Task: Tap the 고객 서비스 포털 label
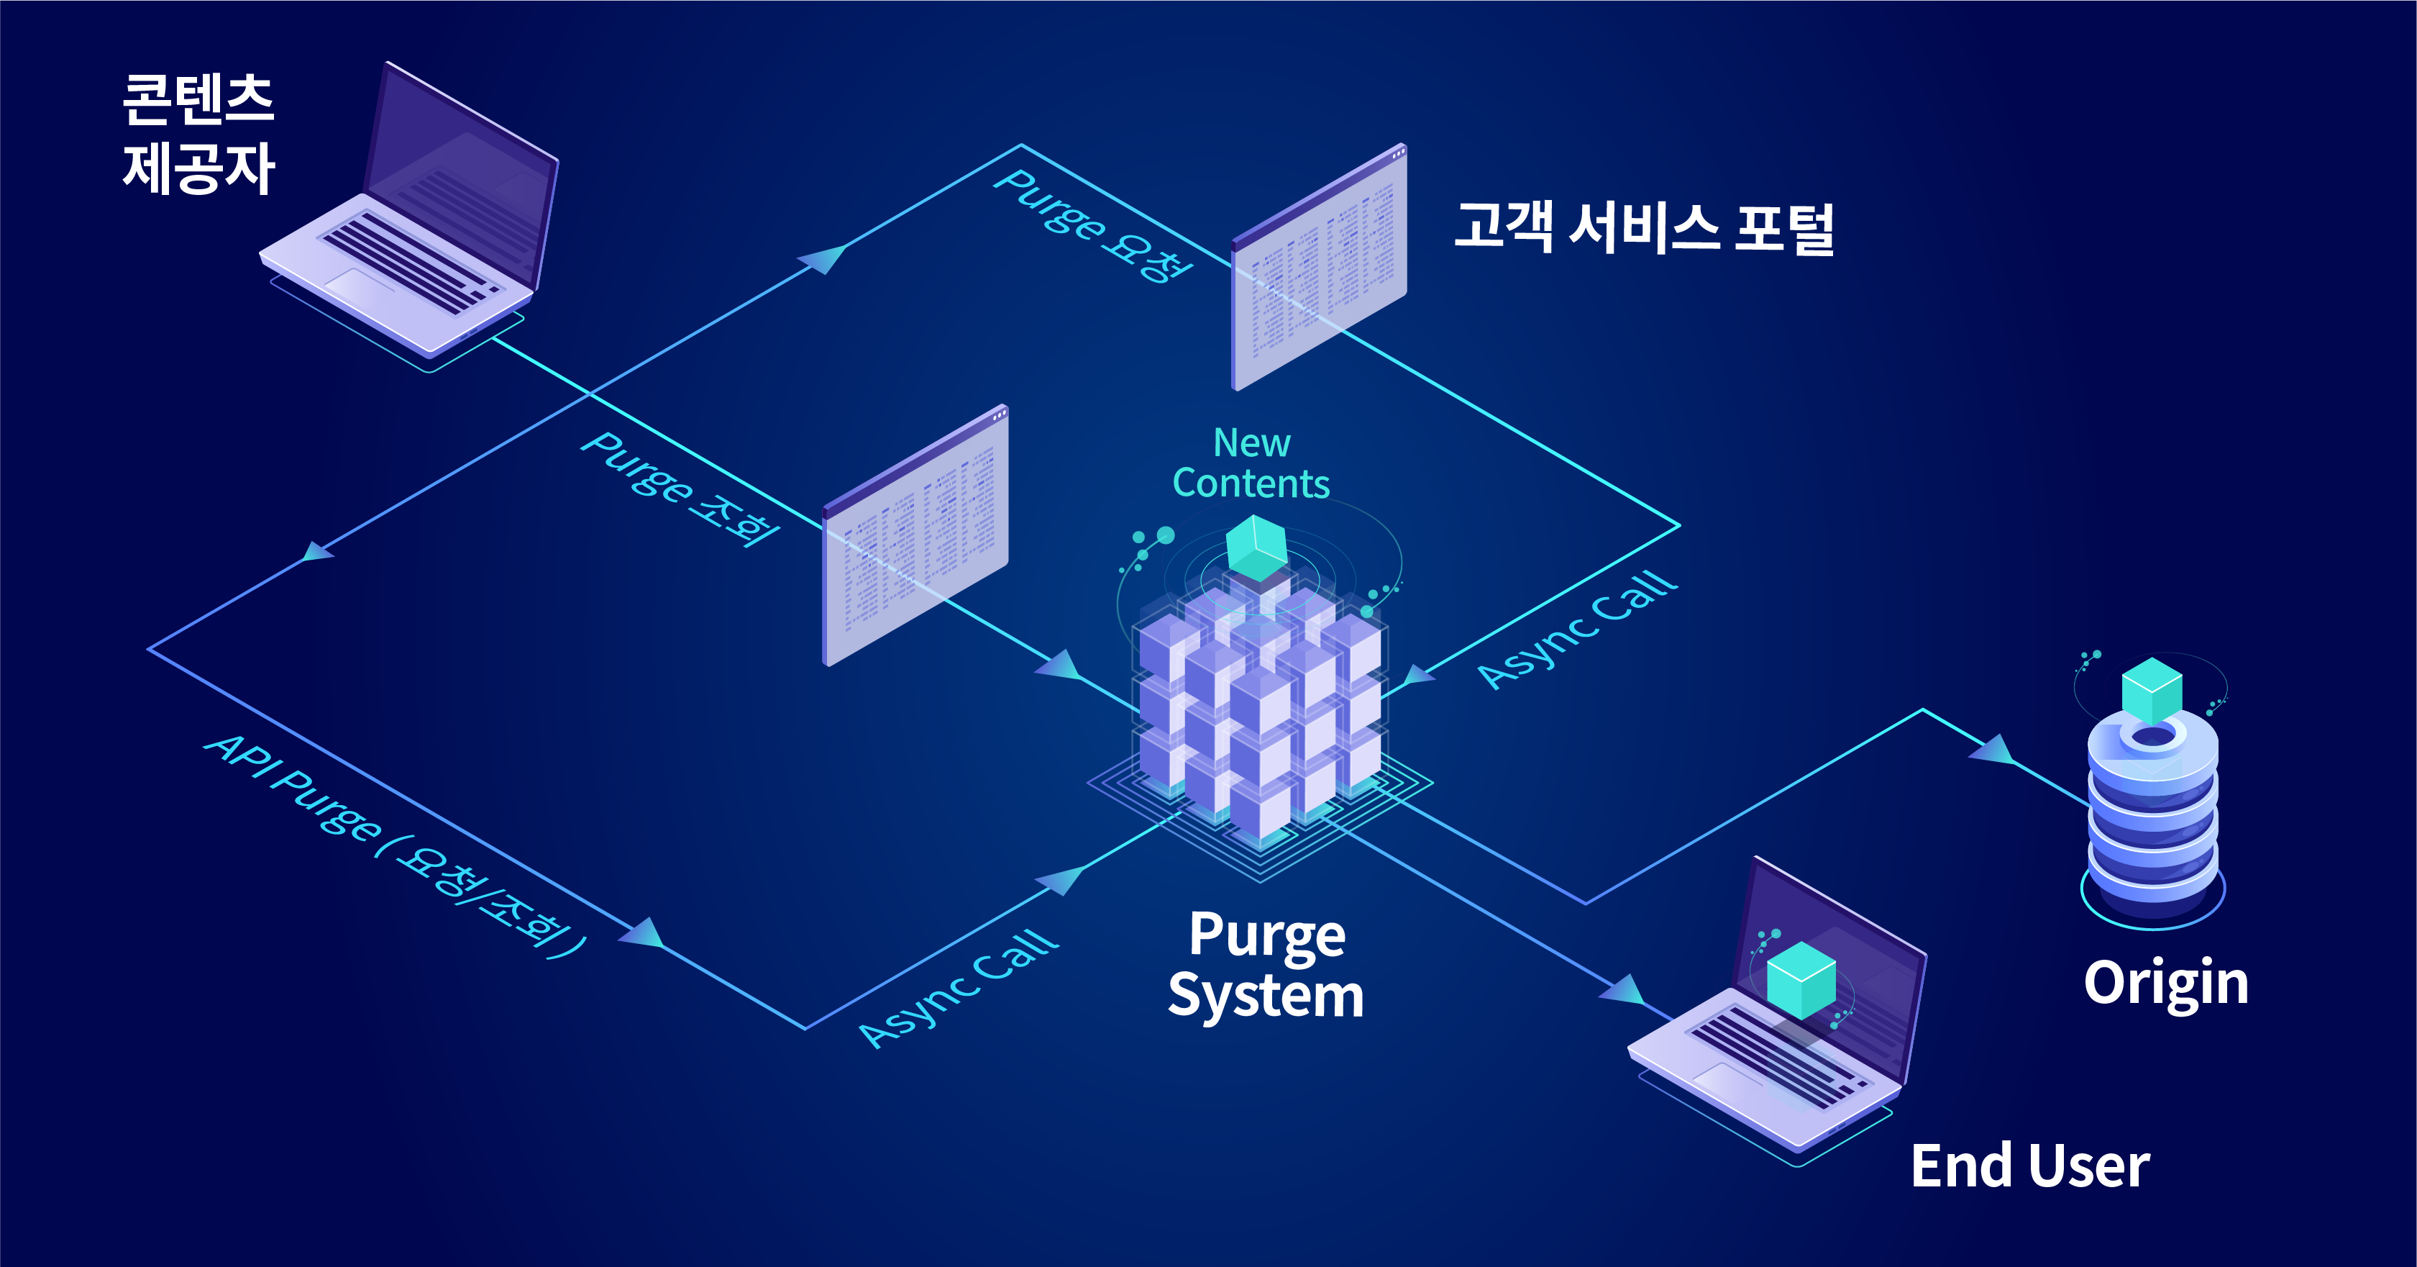[1644, 227]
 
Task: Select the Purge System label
[1266, 965]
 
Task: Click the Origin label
[2165, 983]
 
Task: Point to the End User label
[2029, 1166]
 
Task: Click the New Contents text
[1252, 463]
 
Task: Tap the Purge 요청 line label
[1093, 225]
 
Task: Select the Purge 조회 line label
[680, 488]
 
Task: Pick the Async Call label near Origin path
[1576, 629]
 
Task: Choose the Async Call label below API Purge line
[958, 987]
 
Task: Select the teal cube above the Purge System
[1256, 547]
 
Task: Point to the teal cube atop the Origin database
[2152, 690]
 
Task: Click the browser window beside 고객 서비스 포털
[1318, 268]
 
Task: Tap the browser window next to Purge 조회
[915, 535]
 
